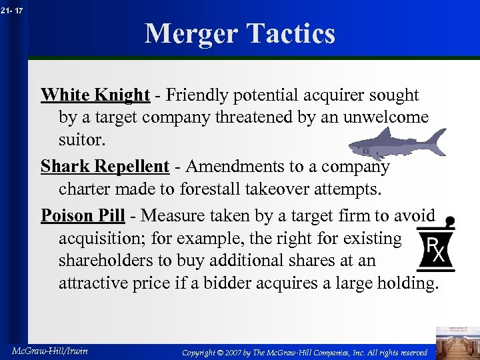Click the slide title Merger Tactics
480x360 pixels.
click(240, 33)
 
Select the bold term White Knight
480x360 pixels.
click(95, 95)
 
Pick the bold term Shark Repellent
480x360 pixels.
click(105, 165)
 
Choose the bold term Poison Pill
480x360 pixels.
click(83, 215)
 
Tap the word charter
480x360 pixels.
click(84, 189)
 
